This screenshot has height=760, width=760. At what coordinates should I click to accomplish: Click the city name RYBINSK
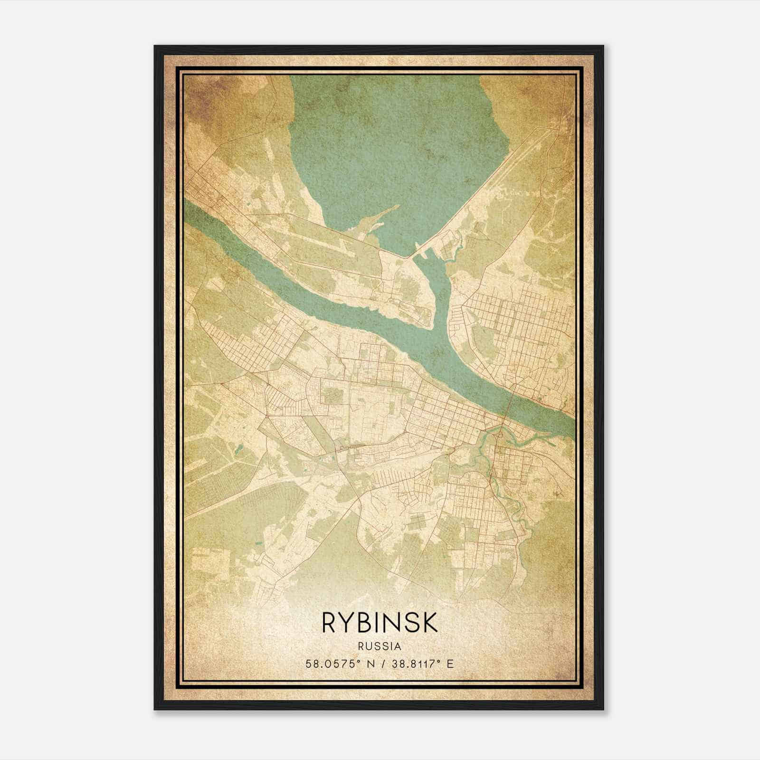tap(380, 622)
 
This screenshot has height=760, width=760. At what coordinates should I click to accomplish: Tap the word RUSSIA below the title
tap(380, 646)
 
